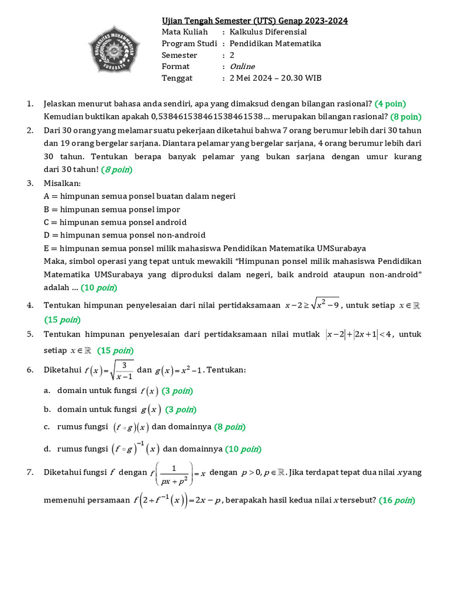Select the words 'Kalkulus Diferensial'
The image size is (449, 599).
pyautogui.click(x=268, y=32)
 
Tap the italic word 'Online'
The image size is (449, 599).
pyautogui.click(x=242, y=67)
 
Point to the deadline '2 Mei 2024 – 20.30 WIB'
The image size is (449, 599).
pyautogui.click(x=275, y=78)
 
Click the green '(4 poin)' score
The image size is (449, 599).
pyautogui.click(x=390, y=104)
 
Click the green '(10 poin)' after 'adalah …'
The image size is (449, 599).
pyautogui.click(x=99, y=288)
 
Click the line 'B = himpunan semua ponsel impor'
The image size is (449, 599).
pyautogui.click(x=112, y=209)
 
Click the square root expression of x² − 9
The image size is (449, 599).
pyautogui.click(x=326, y=304)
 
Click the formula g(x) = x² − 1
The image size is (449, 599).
pyautogui.click(x=179, y=370)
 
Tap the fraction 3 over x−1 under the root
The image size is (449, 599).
pyautogui.click(x=124, y=370)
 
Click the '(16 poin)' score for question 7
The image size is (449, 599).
pyautogui.click(x=397, y=500)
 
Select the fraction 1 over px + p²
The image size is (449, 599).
pyautogui.click(x=175, y=473)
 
